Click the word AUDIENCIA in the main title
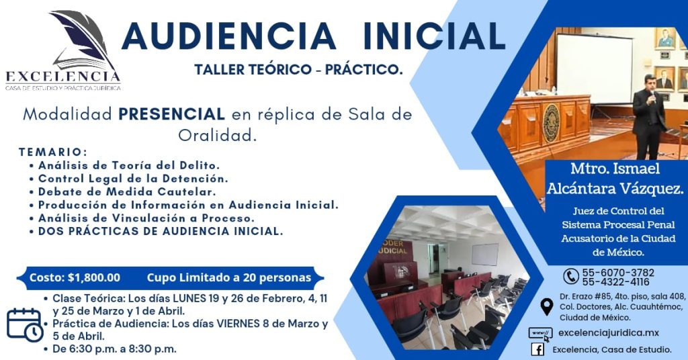[228, 36]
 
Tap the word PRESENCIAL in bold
[171, 114]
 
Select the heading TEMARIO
[53, 152]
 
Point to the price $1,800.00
[94, 278]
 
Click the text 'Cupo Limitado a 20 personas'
[228, 278]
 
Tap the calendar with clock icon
[25, 325]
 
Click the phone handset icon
[570, 276]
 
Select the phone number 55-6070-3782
[618, 272]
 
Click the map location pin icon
[546, 307]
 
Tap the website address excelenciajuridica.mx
[609, 333]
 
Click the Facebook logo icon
[537, 349]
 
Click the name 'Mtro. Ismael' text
[615, 169]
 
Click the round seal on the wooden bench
[551, 123]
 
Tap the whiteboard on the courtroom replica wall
[485, 255]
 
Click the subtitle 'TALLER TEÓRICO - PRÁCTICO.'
[298, 69]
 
